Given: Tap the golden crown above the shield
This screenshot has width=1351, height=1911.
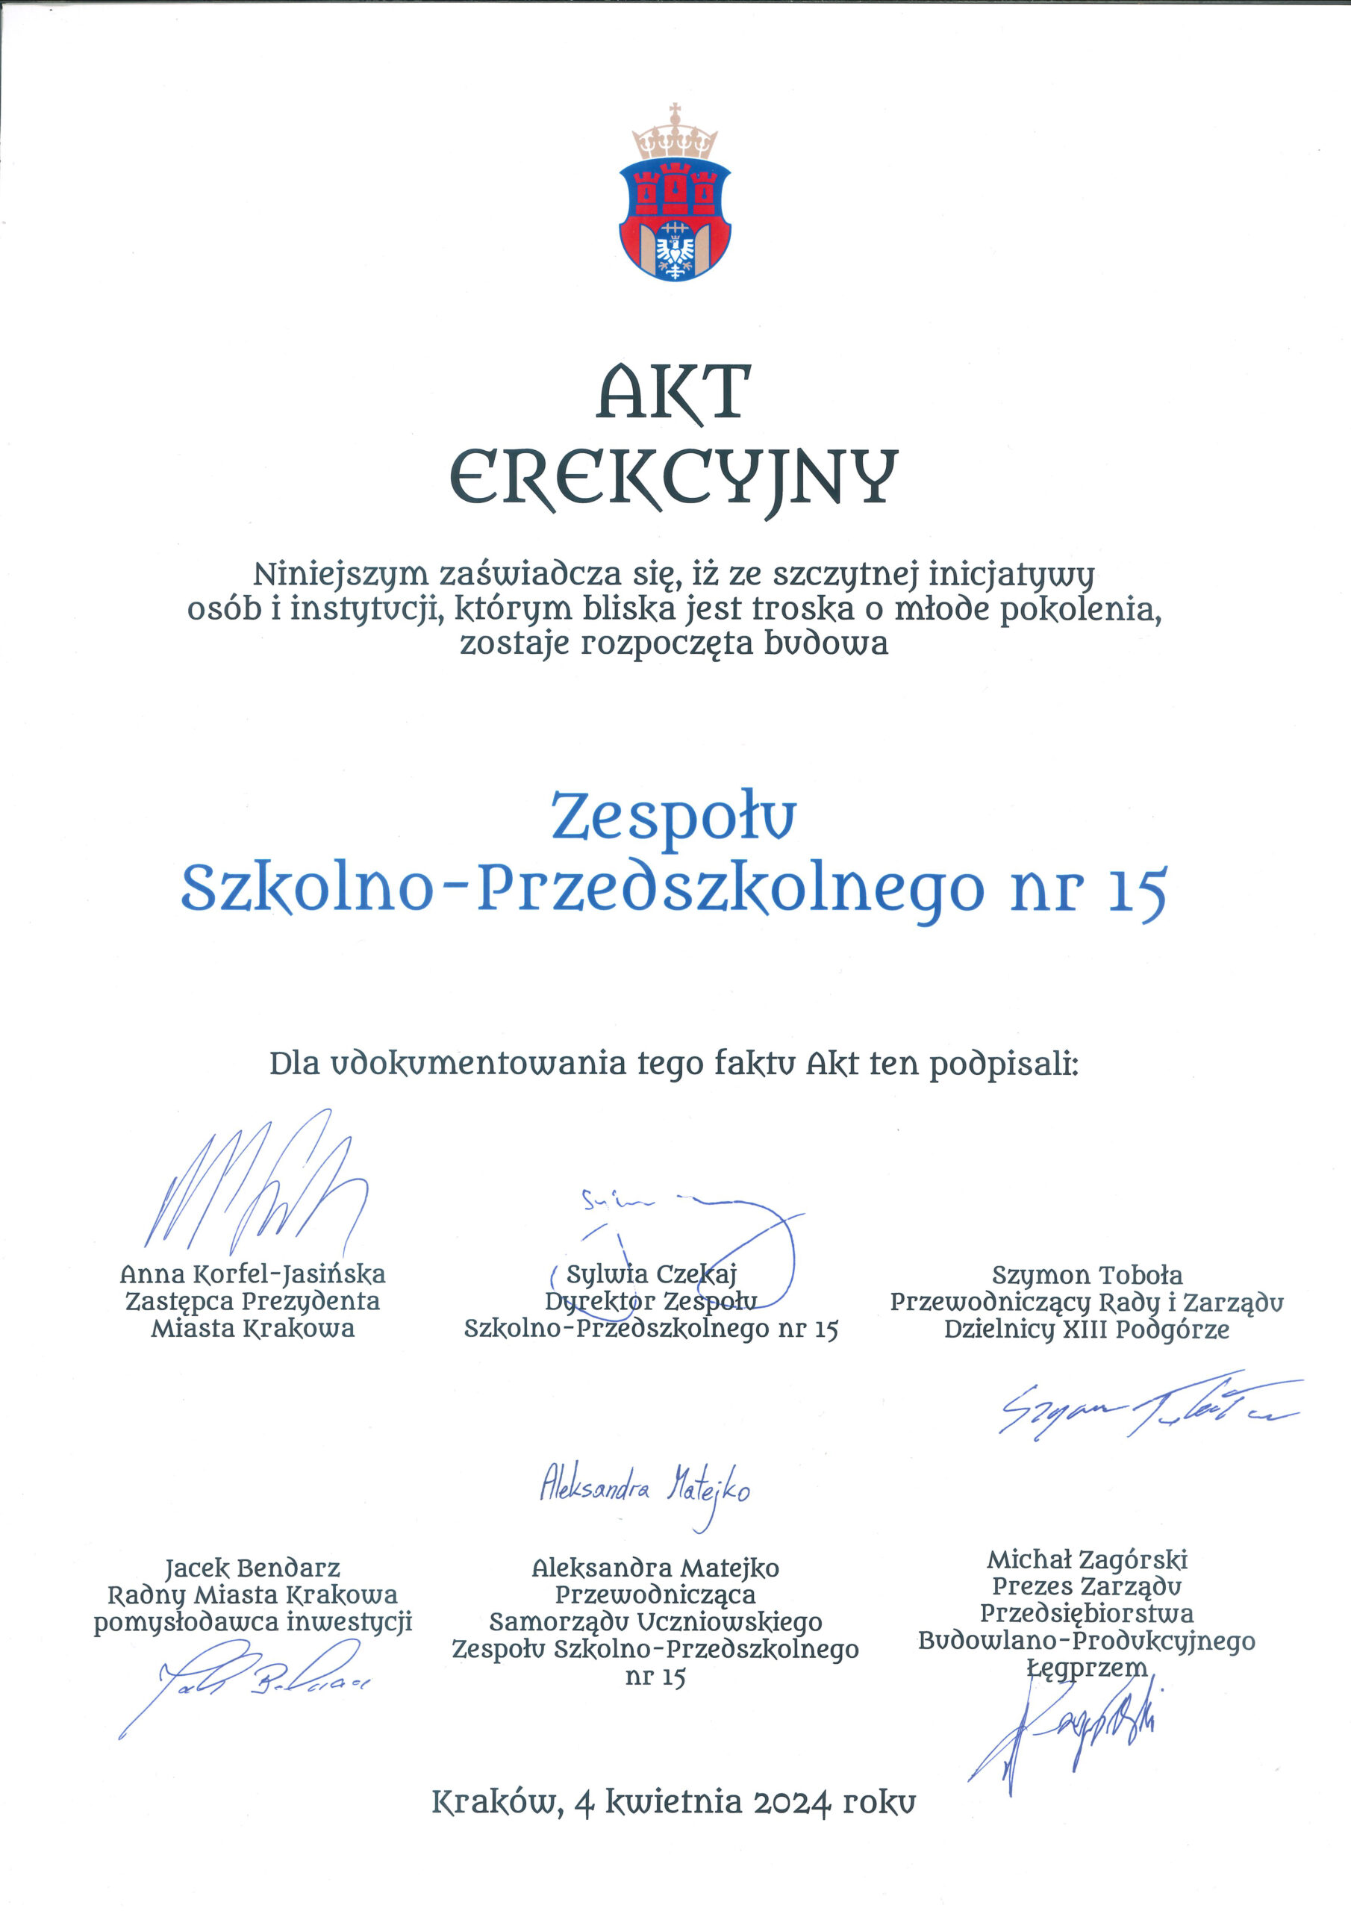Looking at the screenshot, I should [x=674, y=135].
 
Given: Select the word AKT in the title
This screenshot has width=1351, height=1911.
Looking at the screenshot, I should [x=674, y=392].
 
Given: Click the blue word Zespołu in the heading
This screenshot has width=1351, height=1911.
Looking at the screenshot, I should [x=673, y=817].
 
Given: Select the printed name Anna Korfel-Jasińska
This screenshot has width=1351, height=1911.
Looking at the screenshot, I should [x=253, y=1274].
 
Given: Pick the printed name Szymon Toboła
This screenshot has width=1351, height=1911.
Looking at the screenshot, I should [x=1086, y=1275].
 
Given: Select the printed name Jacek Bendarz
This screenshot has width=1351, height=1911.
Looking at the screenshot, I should [x=253, y=1568].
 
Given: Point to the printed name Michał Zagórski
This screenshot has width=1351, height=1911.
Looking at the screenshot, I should [x=1086, y=1559].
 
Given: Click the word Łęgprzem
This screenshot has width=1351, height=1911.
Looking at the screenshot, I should [x=1086, y=1667].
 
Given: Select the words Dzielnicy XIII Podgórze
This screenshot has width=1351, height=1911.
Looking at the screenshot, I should [x=1086, y=1329].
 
